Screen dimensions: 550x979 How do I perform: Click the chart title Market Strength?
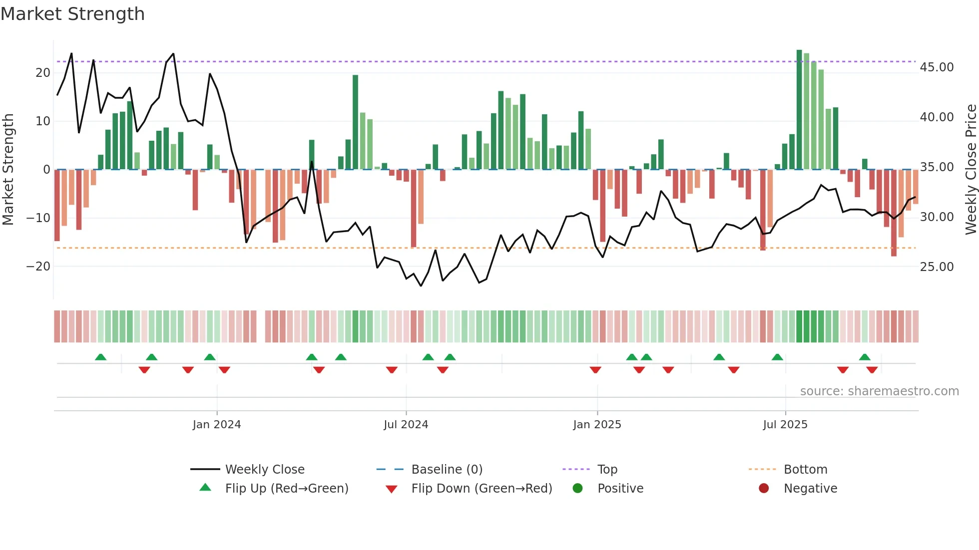[72, 14]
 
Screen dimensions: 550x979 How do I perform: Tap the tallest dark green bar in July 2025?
[799, 110]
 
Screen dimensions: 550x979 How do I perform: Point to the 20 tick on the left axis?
[43, 73]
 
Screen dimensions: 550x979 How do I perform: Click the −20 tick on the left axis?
[38, 267]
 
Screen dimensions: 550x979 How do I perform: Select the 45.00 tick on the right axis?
[937, 67]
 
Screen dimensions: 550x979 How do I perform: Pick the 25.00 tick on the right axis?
[937, 267]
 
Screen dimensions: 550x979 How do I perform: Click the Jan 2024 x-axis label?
[217, 425]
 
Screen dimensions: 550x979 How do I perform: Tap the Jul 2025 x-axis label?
[785, 425]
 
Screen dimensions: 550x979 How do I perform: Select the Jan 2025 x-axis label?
[597, 425]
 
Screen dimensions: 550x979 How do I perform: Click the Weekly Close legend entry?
[264, 470]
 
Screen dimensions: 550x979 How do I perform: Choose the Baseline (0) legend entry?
[447, 470]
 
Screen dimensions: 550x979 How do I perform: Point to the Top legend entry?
[607, 470]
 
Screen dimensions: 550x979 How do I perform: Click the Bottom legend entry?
[805, 470]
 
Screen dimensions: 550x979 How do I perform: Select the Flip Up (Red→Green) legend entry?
[286, 489]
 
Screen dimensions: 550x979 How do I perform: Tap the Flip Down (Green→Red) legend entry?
[482, 489]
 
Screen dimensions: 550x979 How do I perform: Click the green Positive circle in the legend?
[578, 489]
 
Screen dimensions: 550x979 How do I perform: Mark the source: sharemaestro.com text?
[879, 391]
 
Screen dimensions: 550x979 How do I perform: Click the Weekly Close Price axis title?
[971, 170]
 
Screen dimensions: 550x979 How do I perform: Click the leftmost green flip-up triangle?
[100, 357]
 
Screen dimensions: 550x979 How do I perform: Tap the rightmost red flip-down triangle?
[872, 370]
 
